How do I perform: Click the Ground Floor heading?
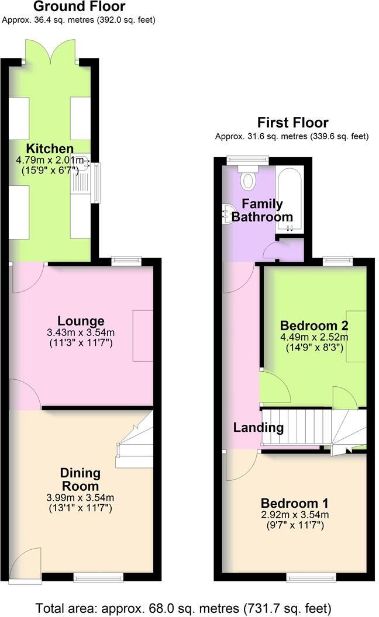79,7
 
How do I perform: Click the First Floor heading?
292,123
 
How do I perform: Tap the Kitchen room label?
50,148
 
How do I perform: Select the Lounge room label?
81,321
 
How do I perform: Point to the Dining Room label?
81,479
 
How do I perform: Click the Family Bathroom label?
262,210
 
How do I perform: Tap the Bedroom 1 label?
294,504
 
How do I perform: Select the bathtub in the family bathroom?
289,198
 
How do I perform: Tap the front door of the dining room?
26,564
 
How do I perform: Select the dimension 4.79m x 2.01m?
50,160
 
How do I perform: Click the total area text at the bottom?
184,607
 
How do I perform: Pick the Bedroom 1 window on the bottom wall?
311,578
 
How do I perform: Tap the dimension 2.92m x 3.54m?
294,515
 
